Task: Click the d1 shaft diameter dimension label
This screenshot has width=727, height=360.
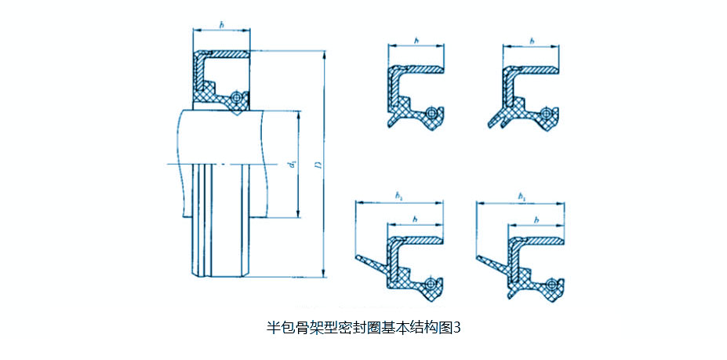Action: [291, 165]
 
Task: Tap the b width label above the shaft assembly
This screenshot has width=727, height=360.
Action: [222, 25]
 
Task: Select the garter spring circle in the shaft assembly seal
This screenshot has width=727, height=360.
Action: [235, 97]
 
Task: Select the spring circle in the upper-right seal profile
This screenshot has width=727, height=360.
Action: [548, 113]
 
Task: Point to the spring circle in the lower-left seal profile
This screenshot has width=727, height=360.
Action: [432, 284]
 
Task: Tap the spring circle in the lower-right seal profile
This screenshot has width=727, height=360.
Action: [552, 284]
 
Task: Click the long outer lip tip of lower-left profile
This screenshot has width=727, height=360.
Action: [358, 257]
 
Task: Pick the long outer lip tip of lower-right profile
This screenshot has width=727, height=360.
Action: [478, 257]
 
